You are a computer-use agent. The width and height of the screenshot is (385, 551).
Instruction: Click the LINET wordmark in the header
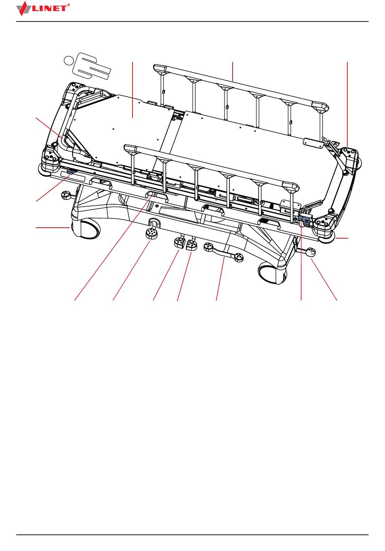tap(49, 9)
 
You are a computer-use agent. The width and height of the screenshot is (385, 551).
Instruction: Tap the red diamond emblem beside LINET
tap(24, 9)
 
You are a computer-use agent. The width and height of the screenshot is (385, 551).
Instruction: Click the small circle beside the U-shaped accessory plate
tap(68, 60)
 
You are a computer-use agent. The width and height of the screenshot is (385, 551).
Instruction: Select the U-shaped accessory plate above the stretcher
tap(94, 66)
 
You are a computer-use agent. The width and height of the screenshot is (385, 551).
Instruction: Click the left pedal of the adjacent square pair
tap(180, 243)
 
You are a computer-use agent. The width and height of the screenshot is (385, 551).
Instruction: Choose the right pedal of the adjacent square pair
tap(192, 245)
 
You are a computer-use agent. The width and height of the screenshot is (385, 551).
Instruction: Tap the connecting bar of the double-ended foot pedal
tap(223, 253)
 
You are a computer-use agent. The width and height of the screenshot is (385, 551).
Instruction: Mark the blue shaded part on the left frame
tap(71, 171)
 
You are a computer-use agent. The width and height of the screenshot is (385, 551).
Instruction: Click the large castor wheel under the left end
tap(86, 229)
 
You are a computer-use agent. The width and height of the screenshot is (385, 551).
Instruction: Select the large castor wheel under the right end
tap(272, 273)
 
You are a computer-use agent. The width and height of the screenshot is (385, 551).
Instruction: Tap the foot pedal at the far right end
tap(310, 252)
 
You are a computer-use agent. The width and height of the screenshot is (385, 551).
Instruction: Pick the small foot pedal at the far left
tap(66, 196)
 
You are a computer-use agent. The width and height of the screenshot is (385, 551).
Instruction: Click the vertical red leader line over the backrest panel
tap(133, 90)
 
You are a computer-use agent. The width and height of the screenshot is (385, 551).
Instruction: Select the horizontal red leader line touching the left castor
tap(52, 228)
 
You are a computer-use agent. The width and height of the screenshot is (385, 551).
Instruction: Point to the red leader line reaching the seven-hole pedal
tap(131, 270)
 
